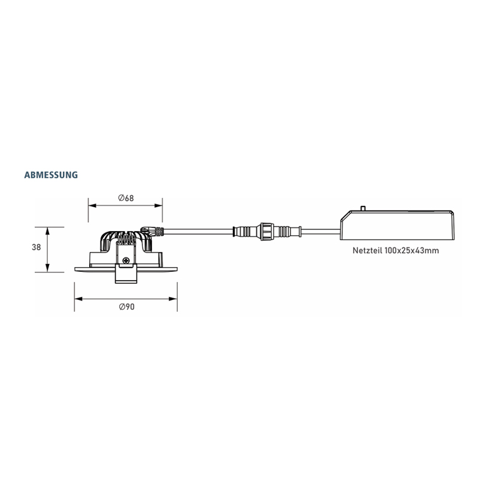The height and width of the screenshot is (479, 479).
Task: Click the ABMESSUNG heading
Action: [x=51, y=175]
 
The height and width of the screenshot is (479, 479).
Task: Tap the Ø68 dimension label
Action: [x=126, y=198]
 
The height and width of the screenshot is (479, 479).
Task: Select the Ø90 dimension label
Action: [x=126, y=307]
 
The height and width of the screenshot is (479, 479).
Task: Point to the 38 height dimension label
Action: [x=37, y=247]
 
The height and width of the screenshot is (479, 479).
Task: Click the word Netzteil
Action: [x=368, y=250]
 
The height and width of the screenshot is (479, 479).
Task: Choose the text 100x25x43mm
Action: [x=412, y=250]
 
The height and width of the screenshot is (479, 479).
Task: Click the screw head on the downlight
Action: [x=126, y=260]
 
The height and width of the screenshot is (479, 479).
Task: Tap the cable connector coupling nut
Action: [x=266, y=232]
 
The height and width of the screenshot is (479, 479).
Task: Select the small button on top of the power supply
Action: [x=363, y=208]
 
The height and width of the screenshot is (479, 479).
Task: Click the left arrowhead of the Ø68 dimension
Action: [x=92, y=205]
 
